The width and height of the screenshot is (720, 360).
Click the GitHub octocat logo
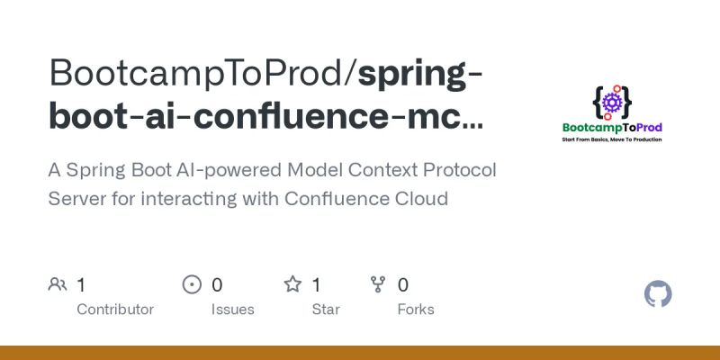pos(659,294)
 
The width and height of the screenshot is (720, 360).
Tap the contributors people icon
pos(58,285)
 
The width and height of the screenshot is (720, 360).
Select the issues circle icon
pos(192,285)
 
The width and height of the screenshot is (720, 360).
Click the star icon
pos(292,285)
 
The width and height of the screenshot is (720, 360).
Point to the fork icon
pos(379,285)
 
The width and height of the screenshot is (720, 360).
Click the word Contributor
pos(115,310)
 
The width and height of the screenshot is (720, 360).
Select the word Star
pos(326,310)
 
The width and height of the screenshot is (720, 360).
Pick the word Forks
pos(416,310)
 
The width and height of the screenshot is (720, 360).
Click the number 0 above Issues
pos(217,285)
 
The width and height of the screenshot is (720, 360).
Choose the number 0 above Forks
pos(403,285)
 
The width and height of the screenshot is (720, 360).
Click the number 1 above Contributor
pos(81,285)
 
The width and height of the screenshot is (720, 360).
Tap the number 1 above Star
pos(317,285)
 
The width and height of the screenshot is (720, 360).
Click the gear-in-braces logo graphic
pos(612,102)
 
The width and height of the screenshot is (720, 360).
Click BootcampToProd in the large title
pos(197,72)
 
